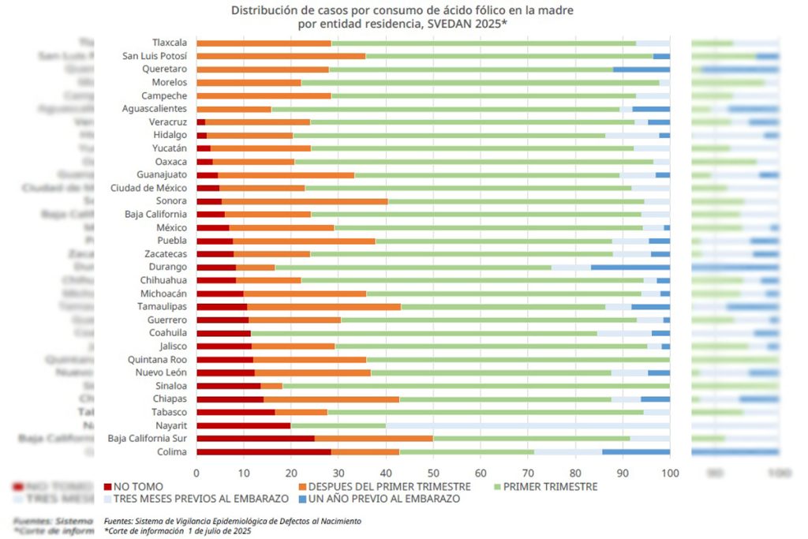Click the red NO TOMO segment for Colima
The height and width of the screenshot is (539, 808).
coord(264,451)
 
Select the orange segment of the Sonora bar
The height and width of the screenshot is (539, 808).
coord(305,201)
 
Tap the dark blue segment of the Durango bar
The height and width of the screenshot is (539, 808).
coord(630,267)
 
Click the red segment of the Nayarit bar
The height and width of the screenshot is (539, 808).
coord(243,425)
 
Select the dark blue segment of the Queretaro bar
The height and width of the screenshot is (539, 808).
coord(642,69)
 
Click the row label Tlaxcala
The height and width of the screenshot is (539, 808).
coord(170,43)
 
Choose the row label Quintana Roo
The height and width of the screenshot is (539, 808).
coord(159,359)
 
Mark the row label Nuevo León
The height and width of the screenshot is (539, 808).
coord(161,372)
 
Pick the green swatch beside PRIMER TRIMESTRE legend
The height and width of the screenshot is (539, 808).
coord(495,487)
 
